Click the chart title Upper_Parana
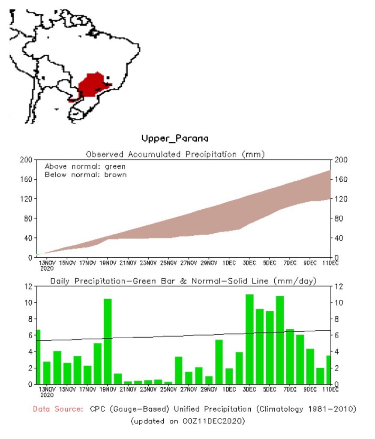(x=175, y=138)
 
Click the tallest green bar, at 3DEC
(x=249, y=339)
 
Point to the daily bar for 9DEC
(x=310, y=367)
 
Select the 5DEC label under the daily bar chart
(x=270, y=390)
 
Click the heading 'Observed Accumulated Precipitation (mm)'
(x=175, y=154)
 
